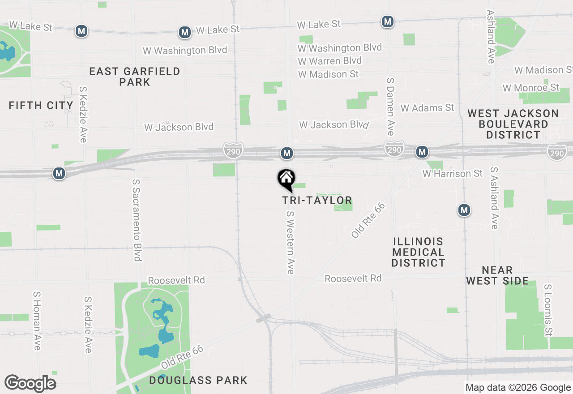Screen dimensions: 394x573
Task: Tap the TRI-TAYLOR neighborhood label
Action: (317, 200)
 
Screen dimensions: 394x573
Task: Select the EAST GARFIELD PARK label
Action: (134, 77)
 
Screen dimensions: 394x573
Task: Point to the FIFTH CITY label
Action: (41, 106)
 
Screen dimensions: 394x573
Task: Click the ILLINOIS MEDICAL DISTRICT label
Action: (418, 252)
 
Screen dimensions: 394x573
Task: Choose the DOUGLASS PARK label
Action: (198, 381)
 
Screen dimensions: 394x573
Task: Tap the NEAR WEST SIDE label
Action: (497, 275)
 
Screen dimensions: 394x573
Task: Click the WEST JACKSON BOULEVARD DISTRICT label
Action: (513, 124)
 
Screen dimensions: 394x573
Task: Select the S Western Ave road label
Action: (291, 242)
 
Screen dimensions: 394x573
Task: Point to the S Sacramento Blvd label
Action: (137, 220)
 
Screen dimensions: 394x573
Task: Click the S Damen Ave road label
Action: (390, 106)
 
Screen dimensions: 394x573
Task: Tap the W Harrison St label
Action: (453, 173)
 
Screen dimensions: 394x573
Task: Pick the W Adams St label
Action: (427, 107)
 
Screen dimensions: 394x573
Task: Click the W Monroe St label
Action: (531, 88)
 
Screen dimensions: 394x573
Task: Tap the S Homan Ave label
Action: (37, 321)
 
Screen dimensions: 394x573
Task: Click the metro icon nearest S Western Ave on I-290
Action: (287, 154)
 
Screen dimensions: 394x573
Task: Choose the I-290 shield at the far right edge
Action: (556, 153)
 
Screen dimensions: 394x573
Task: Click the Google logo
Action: (30, 384)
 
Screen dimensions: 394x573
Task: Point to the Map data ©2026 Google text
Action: (518, 388)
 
